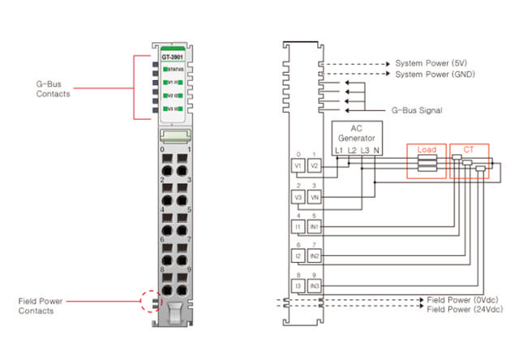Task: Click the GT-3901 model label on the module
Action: click(x=172, y=57)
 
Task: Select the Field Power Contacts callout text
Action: click(x=41, y=306)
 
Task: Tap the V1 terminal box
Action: click(x=298, y=165)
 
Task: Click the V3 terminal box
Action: click(x=298, y=197)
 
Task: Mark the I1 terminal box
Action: click(x=298, y=227)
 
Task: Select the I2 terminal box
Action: click(x=298, y=256)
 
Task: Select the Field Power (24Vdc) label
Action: click(x=467, y=309)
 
